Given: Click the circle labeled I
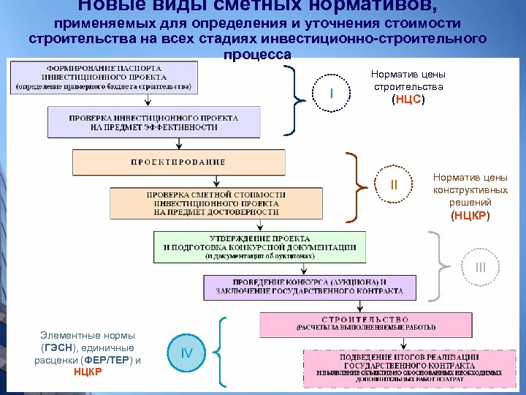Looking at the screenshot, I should tap(332, 94).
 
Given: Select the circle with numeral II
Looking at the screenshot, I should tap(394, 185).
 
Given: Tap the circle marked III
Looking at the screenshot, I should tap(479, 268).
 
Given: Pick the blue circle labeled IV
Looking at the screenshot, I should tap(187, 354).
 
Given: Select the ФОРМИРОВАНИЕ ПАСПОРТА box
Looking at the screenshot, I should tap(105, 77).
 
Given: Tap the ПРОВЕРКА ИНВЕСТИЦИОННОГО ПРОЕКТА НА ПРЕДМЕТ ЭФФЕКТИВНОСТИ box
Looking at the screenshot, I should tap(153, 122).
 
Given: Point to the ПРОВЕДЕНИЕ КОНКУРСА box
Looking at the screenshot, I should tap(309, 286).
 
